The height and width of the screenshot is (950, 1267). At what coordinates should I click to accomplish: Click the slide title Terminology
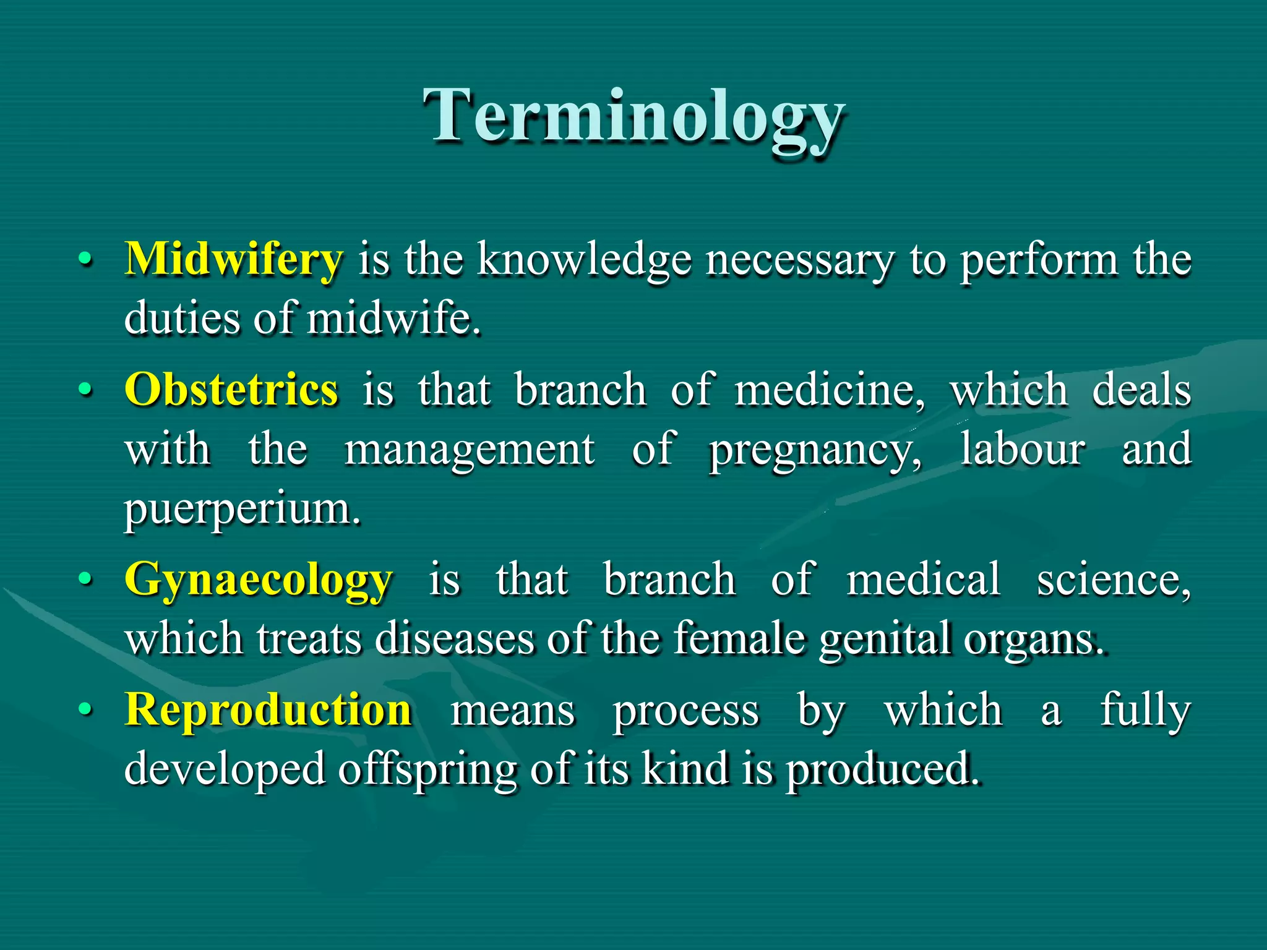(x=633, y=118)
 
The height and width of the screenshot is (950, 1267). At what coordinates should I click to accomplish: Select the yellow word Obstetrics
(x=231, y=390)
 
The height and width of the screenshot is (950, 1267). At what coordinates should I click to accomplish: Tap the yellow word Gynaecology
(x=258, y=580)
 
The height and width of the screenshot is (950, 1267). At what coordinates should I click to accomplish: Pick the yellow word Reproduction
(x=268, y=709)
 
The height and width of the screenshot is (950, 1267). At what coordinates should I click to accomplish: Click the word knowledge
(x=584, y=260)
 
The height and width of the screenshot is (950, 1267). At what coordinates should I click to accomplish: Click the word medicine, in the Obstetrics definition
(x=829, y=391)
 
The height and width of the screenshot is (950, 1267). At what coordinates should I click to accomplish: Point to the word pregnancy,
(x=815, y=450)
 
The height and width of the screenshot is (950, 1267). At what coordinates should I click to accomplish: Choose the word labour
(x=1022, y=449)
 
